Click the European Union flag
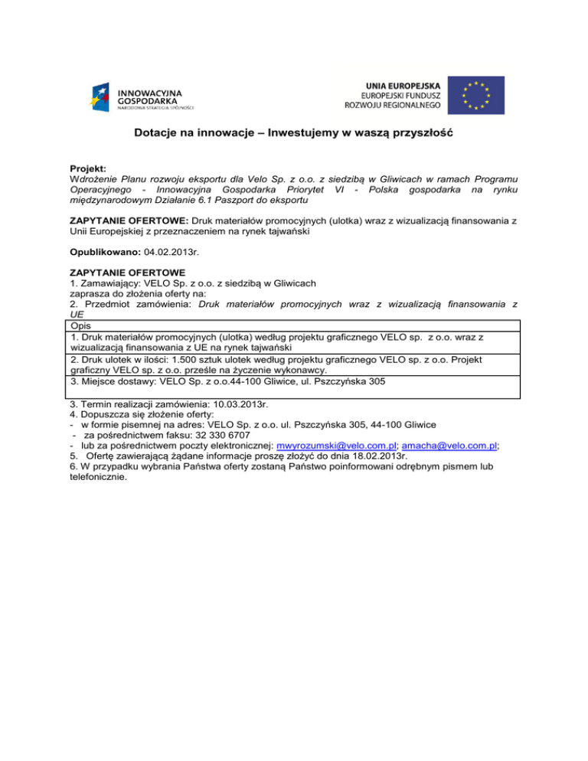point(475,96)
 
